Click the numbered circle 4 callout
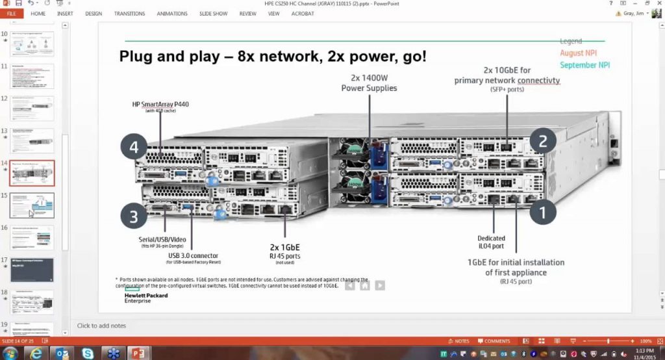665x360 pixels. click(x=134, y=148)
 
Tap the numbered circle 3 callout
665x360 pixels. click(x=134, y=216)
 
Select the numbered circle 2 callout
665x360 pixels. click(x=543, y=140)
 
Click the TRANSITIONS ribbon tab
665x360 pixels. click(x=129, y=14)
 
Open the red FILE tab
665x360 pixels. click(x=12, y=14)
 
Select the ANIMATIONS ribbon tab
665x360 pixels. click(x=172, y=14)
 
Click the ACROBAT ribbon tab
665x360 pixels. click(x=303, y=14)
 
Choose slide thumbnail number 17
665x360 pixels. click(x=32, y=270)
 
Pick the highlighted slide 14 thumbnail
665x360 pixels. click(x=32, y=173)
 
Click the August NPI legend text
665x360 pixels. click(x=578, y=53)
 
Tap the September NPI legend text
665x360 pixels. click(x=584, y=65)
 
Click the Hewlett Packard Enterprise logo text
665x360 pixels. click(x=146, y=298)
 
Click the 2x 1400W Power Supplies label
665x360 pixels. click(x=369, y=83)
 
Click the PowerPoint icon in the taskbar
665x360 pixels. click(x=138, y=353)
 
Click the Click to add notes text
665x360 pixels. click(x=101, y=326)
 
